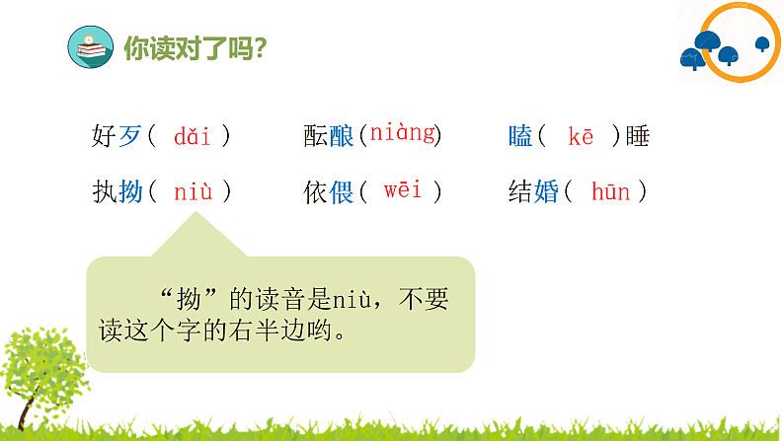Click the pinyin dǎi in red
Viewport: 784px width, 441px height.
click(192, 136)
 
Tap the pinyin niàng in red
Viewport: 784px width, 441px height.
click(403, 134)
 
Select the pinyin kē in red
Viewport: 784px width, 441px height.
click(581, 136)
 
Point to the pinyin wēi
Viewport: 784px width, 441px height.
click(403, 190)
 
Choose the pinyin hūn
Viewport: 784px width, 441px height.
click(610, 191)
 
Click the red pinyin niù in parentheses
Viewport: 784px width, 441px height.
click(193, 191)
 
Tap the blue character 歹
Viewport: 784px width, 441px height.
click(130, 137)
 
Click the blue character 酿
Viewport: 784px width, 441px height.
click(342, 137)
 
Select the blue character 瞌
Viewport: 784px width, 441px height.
click(520, 137)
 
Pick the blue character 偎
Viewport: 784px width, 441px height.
click(342, 192)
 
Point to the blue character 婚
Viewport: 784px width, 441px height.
click(546, 192)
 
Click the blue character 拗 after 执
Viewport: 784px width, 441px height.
click(130, 192)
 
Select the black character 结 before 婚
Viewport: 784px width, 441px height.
click(520, 192)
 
